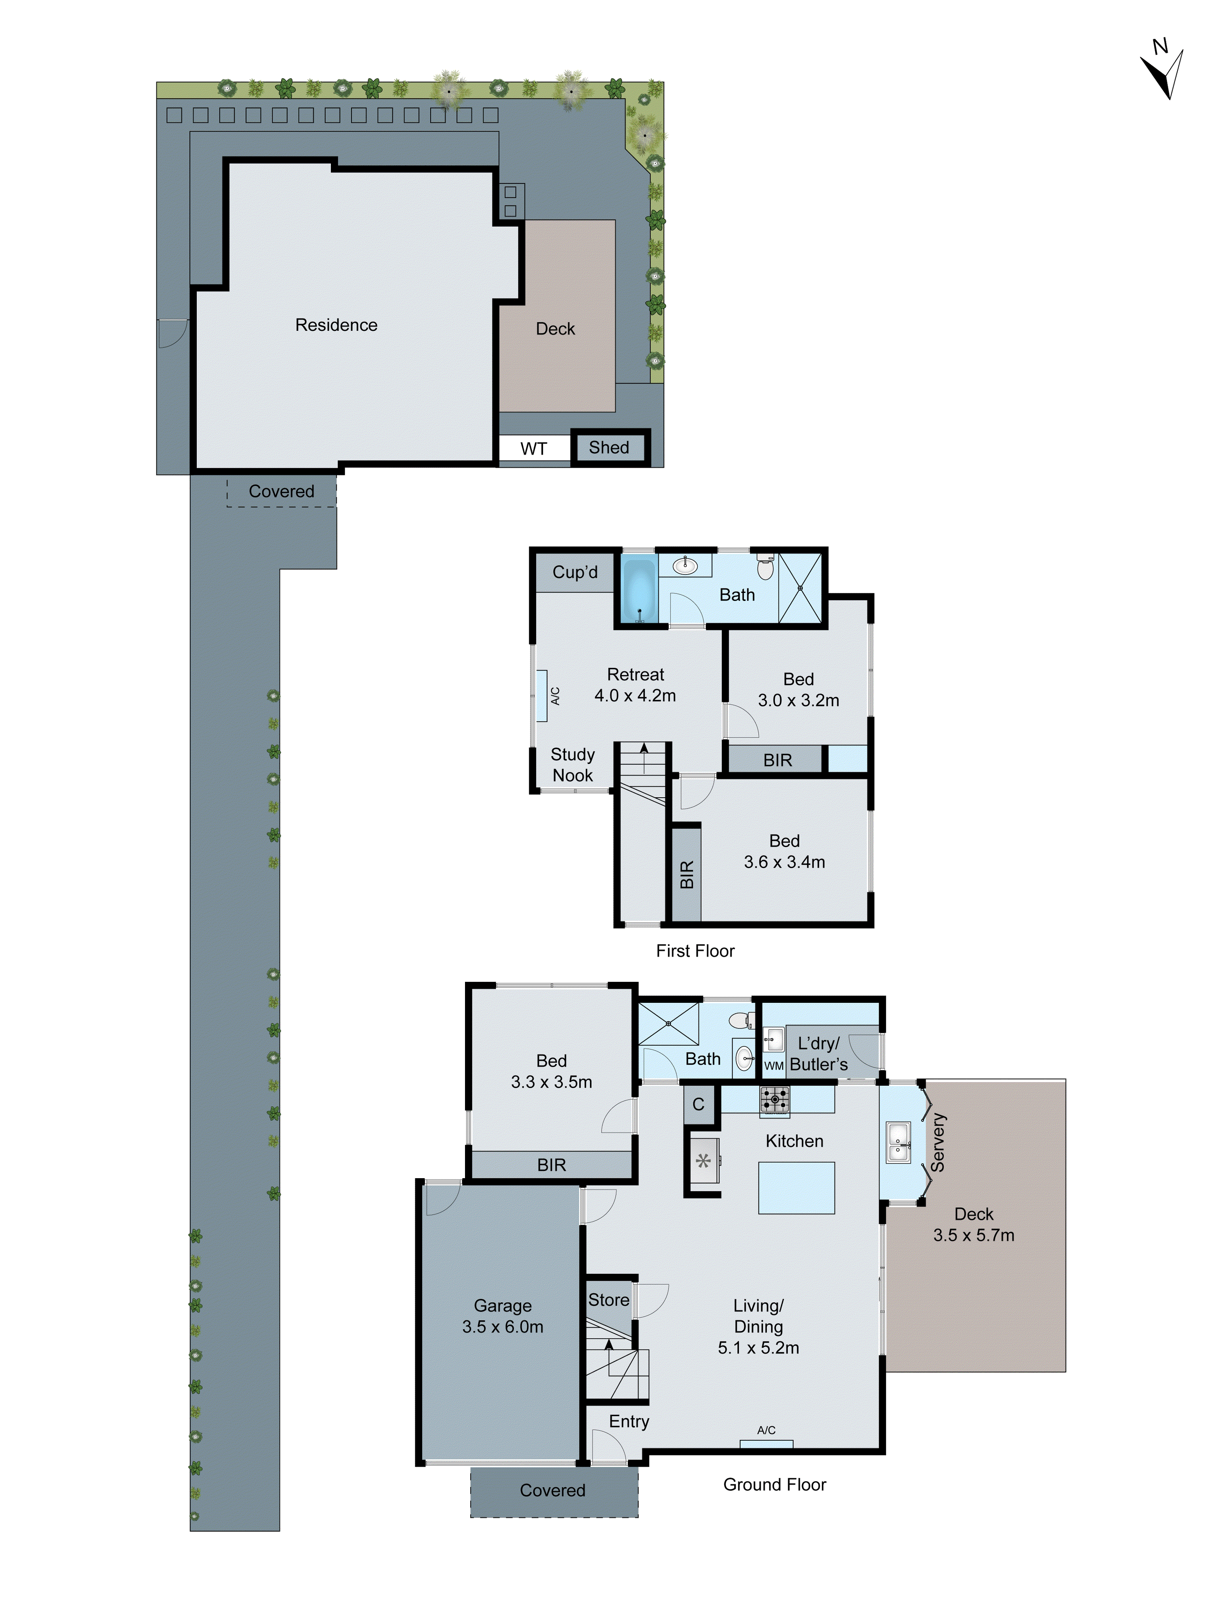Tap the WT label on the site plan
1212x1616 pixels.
pyautogui.click(x=533, y=449)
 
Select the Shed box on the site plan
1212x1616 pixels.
pyautogui.click(x=609, y=447)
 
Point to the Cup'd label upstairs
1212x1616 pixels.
pyautogui.click(x=575, y=572)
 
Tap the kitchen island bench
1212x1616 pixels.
pyautogui.click(x=796, y=1188)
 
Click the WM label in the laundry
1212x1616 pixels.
pyautogui.click(x=774, y=1066)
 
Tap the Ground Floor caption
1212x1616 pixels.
pyautogui.click(x=774, y=1484)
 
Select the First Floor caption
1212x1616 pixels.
pyautogui.click(x=695, y=950)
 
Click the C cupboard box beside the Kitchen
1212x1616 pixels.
pyautogui.click(x=699, y=1104)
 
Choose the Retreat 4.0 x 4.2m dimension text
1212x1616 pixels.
pyautogui.click(x=635, y=696)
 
